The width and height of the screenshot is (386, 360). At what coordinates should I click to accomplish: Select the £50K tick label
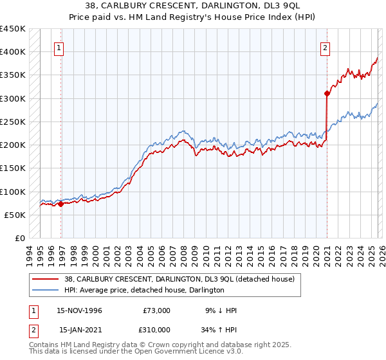coord(15,215)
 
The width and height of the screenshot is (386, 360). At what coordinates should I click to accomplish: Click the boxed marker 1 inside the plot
coord(59,48)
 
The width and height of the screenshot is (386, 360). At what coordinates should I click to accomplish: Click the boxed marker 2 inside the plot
coord(326,48)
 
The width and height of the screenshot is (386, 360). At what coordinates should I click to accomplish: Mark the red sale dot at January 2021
coord(327,94)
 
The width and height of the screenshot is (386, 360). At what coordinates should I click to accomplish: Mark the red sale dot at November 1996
coord(60,204)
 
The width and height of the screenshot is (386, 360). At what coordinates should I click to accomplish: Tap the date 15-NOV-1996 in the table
coord(80,310)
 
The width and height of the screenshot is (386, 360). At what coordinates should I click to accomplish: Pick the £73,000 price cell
coord(156,310)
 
